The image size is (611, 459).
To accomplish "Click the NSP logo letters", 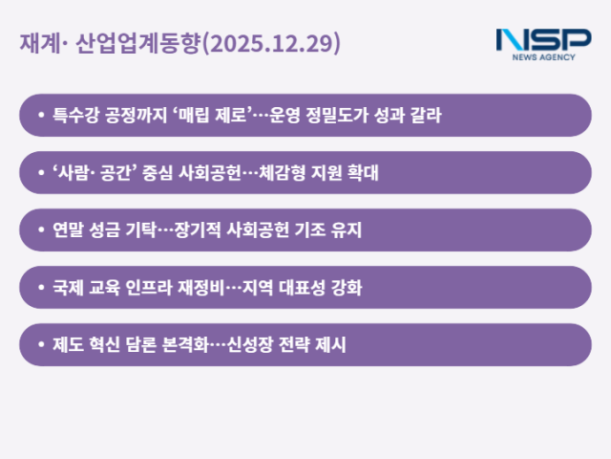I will click(x=542, y=40).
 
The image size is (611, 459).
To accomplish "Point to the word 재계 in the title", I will click(x=40, y=44).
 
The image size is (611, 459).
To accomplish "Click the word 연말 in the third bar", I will click(x=69, y=230).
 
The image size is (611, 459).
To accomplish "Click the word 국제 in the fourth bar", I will click(x=69, y=288).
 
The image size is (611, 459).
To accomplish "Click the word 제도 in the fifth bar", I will click(x=69, y=345).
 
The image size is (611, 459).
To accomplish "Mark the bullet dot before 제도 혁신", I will click(x=40, y=345).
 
